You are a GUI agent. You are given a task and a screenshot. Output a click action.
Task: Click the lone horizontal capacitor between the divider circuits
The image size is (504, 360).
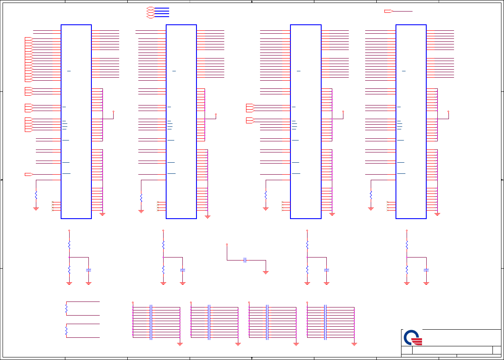(245, 260)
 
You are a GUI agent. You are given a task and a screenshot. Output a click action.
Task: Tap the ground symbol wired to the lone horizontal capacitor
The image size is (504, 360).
(266, 272)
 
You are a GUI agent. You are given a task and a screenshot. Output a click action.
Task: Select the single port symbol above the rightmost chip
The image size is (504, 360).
(388, 11)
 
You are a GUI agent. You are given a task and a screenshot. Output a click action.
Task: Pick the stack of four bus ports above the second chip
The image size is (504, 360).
(150, 12)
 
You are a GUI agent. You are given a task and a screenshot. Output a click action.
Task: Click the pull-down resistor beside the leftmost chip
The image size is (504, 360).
(36, 195)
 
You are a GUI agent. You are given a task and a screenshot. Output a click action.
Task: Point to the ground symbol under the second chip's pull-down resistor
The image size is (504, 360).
(141, 211)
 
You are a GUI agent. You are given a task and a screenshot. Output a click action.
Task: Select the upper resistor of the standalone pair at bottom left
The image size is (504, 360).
(66, 308)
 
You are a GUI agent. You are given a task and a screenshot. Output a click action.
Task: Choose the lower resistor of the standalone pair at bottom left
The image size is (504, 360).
(66, 331)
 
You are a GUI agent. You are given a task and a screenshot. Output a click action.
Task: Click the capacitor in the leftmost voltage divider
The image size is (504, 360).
(88, 270)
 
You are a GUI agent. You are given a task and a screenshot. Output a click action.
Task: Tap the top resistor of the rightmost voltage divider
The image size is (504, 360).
(407, 244)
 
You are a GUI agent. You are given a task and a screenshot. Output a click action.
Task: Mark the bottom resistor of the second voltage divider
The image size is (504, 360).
(163, 269)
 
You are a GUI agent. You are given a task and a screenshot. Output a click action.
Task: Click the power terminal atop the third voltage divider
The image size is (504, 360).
(307, 231)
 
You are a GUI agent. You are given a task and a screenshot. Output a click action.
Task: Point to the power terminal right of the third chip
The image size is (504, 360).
(343, 111)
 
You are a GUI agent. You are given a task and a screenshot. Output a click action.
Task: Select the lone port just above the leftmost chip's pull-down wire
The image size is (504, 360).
(28, 174)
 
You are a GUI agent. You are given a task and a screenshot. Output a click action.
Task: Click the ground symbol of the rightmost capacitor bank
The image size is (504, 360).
(354, 343)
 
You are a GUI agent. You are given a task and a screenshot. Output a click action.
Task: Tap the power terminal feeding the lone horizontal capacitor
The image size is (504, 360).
(227, 245)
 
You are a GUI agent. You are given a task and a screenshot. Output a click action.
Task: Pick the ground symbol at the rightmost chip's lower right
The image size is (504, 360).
(437, 214)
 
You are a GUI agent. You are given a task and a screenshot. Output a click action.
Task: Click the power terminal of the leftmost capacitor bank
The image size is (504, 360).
(133, 302)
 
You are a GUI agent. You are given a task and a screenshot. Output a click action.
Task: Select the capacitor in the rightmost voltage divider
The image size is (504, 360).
(426, 270)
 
